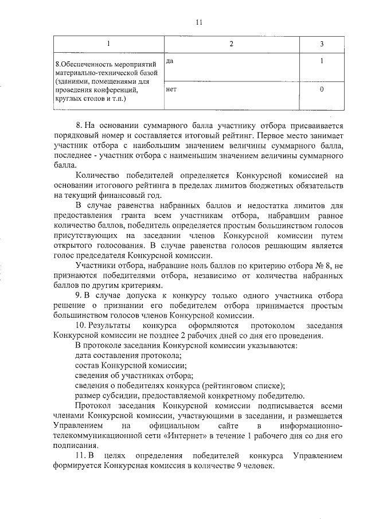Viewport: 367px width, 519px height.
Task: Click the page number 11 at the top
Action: click(199, 22)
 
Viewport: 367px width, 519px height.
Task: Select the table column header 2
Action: click(231, 44)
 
